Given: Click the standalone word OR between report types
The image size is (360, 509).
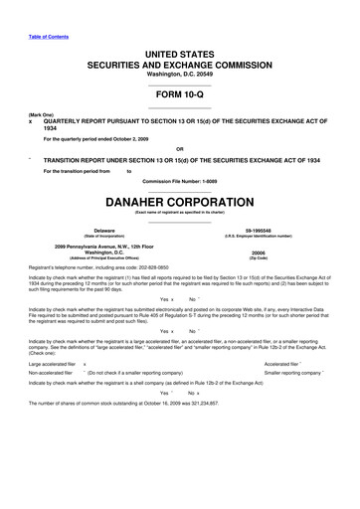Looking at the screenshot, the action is click(x=180, y=150).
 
